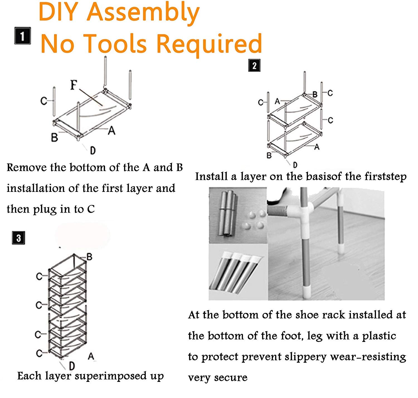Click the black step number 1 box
coord(23,36)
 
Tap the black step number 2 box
coord(254,66)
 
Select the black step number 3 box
coord(18,238)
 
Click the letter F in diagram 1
coord(74,85)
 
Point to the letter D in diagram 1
coord(93,151)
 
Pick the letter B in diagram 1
coord(54,137)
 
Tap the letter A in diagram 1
coord(112,130)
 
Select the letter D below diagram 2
coord(295,165)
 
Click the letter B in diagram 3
coord(89,257)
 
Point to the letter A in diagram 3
coord(91,356)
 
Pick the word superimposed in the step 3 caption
coord(111,376)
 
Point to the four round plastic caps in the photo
coord(253,219)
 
